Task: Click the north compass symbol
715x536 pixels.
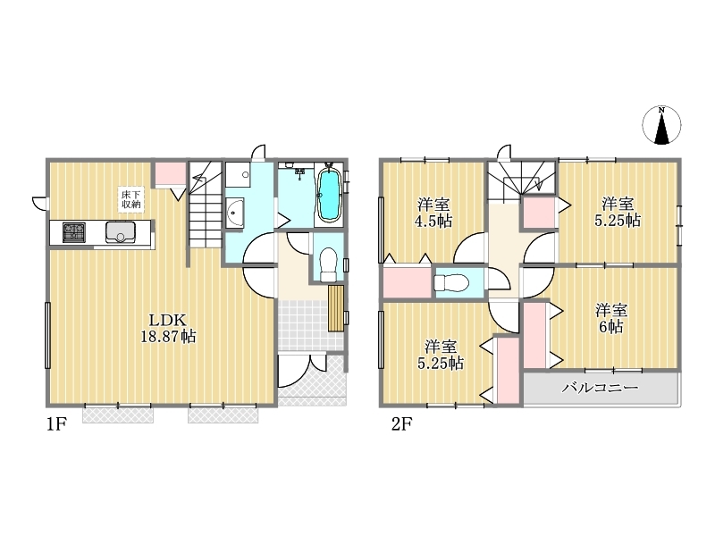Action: click(661, 126)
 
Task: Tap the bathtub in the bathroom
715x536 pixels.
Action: click(328, 196)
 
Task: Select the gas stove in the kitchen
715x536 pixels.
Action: click(74, 232)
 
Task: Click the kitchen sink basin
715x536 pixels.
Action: click(121, 232)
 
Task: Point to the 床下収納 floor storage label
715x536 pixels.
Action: click(130, 198)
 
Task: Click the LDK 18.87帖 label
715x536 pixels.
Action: click(168, 328)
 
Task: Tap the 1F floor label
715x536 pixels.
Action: click(56, 424)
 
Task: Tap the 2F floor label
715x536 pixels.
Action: click(401, 424)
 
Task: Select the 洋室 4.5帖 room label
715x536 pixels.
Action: click(433, 213)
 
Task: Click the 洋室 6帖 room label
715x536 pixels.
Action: click(611, 319)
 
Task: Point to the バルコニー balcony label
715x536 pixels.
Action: click(600, 388)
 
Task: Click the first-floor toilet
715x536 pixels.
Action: click(328, 264)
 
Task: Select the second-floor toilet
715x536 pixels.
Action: click(451, 283)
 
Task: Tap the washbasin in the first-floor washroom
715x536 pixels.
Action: click(235, 213)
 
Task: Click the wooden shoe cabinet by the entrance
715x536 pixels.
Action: click(335, 308)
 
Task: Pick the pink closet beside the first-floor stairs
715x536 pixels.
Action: click(171, 173)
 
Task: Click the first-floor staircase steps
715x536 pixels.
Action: click(205, 205)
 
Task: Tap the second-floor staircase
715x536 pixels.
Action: click(521, 180)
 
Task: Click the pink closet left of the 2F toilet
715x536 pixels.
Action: click(408, 282)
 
